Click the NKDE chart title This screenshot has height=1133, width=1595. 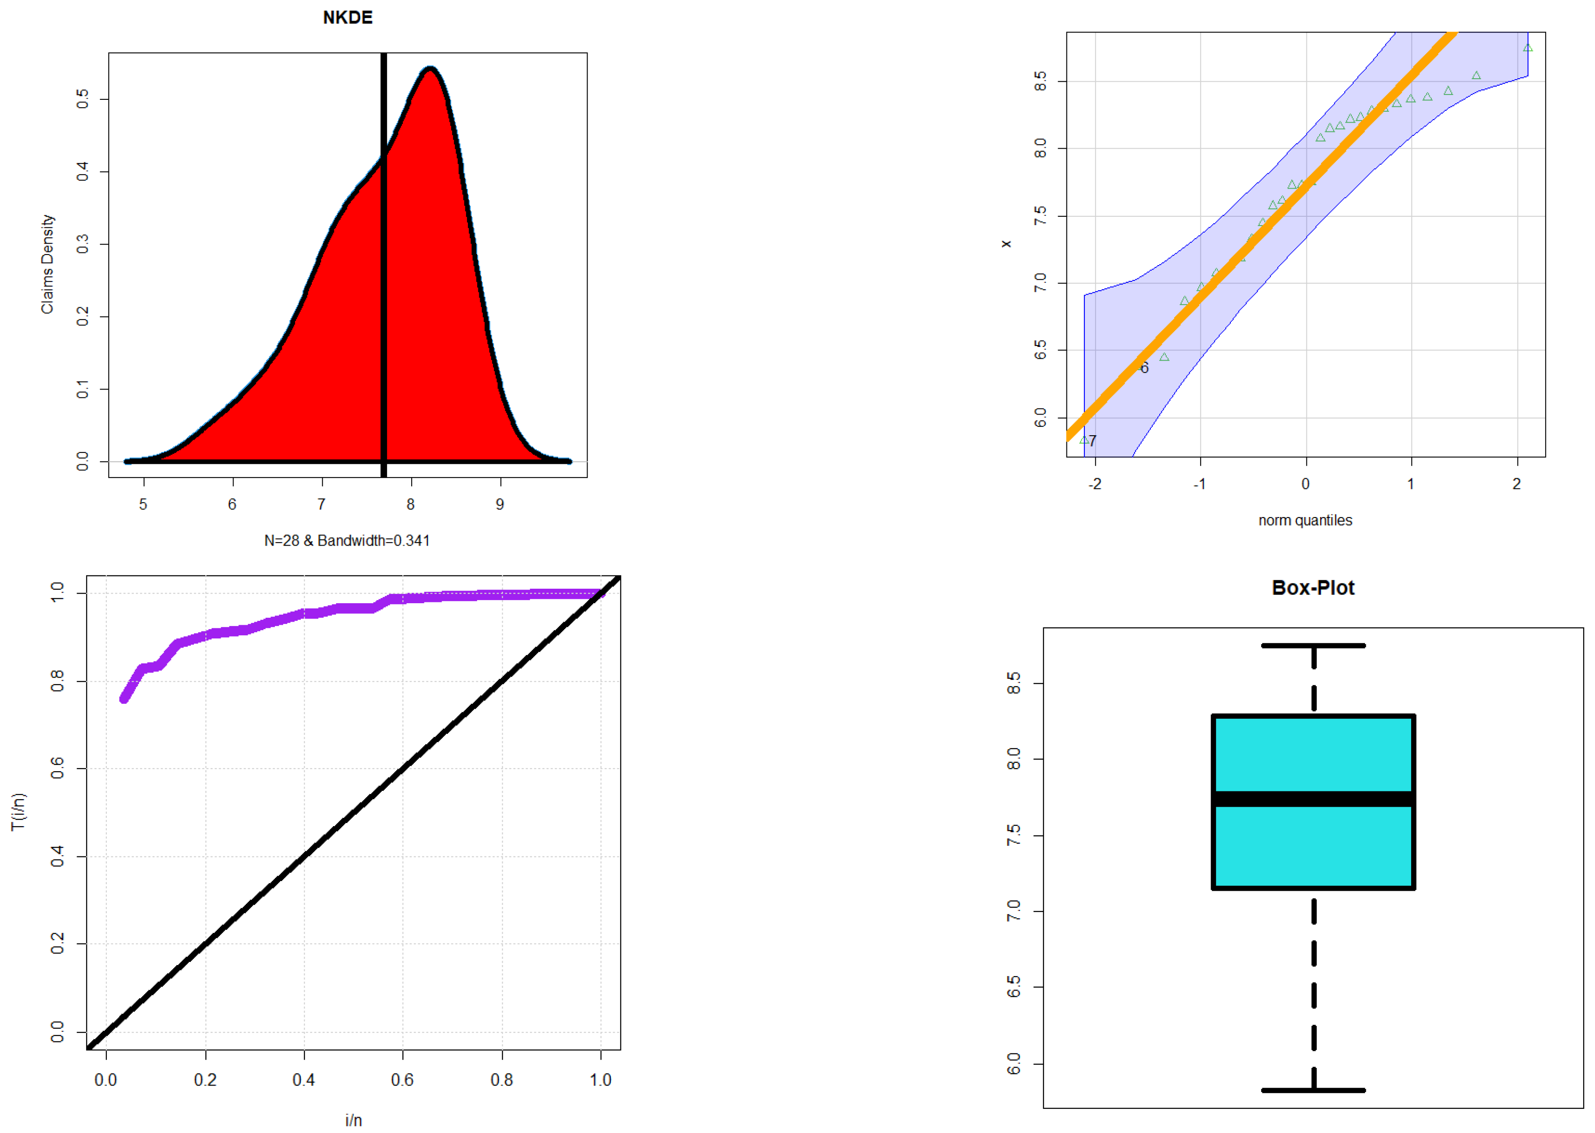tap(347, 18)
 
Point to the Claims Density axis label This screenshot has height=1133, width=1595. tap(47, 264)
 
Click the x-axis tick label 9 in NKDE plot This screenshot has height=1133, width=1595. tap(500, 504)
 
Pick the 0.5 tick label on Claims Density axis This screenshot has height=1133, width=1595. tap(82, 98)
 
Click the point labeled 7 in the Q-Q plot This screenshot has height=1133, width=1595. tap(1085, 440)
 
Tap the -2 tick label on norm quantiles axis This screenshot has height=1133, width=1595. tap(1094, 484)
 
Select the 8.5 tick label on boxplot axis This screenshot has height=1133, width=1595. tap(1013, 683)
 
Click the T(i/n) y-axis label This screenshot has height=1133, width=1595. tap(18, 811)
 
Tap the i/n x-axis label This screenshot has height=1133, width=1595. tap(353, 1120)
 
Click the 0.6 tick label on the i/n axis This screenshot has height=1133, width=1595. tap(402, 1080)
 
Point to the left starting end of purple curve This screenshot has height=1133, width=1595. tap(124, 698)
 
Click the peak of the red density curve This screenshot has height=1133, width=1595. tap(431, 69)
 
